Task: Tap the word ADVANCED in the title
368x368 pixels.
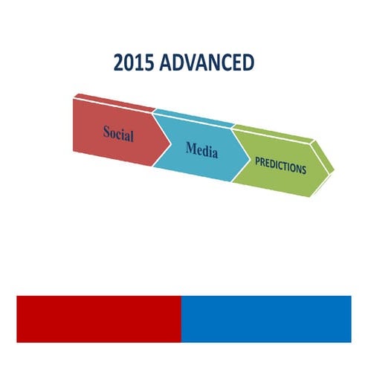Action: coord(208,62)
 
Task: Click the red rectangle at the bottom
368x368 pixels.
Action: coord(98,318)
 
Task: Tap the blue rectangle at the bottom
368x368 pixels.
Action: coord(265,318)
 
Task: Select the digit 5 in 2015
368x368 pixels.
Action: coord(149,62)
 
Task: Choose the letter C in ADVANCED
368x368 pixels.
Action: coord(226,62)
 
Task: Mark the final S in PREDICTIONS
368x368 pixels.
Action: coord(303,170)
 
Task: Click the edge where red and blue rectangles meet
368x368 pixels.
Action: coord(181,318)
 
